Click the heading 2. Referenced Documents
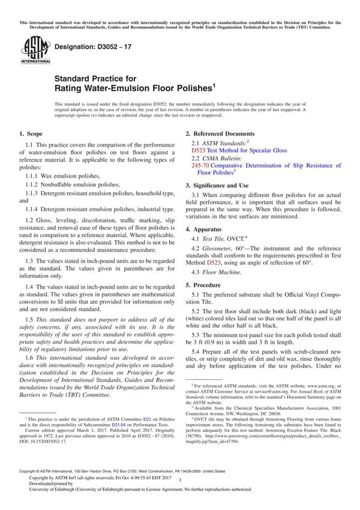point(220,134)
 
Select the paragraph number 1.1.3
point(34,193)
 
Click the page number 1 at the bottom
point(180,489)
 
